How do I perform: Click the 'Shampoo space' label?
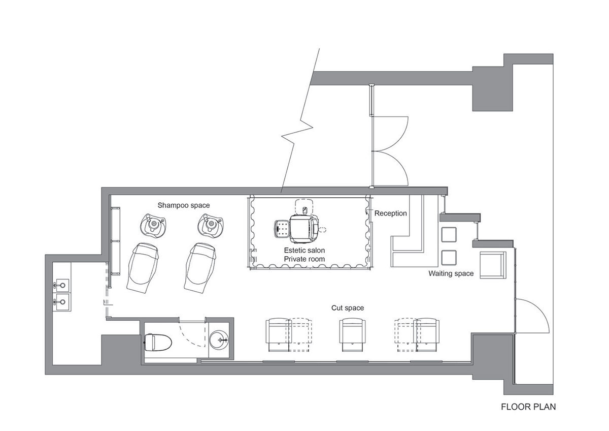pos(184,205)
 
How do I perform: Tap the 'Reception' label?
pos(390,213)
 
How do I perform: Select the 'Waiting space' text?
pos(451,273)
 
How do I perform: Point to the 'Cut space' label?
pos(348,308)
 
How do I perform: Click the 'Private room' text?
pos(304,259)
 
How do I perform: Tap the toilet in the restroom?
pos(158,342)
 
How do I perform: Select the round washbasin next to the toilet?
pos(219,340)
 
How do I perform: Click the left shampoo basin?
pos(153,226)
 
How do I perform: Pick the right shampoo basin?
pos(211,225)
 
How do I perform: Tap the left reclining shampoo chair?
pos(143,268)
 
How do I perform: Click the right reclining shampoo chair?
pos(200,268)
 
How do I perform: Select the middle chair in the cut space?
pos(352,334)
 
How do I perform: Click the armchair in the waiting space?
pos(493,265)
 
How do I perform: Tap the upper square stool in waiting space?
pos(449,235)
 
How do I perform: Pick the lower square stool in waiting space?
pos(449,258)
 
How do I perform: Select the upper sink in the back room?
pos(61,285)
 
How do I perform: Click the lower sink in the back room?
pos(62,302)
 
